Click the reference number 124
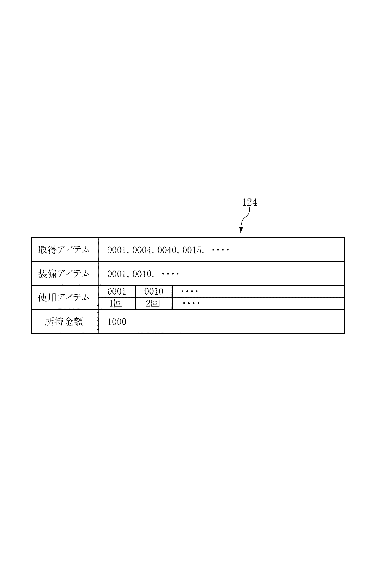[249, 202]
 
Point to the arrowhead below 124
[241, 230]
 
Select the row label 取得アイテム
[64, 250]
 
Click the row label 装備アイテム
[64, 274]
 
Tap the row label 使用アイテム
[64, 297]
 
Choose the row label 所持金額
[64, 322]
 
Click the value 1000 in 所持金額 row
[117, 322]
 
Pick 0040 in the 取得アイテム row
[167, 250]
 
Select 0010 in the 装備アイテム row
[142, 274]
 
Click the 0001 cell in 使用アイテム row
[117, 291]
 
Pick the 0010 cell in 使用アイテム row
[154, 291]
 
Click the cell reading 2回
[153, 304]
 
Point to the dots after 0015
[220, 250]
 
